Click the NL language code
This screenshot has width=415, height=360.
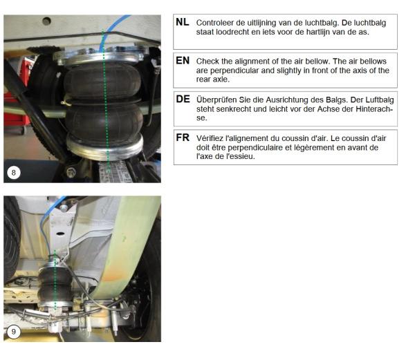click(x=183, y=22)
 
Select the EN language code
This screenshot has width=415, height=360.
click(x=183, y=61)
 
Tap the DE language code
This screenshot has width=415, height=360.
click(x=183, y=99)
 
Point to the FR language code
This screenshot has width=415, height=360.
click(x=183, y=138)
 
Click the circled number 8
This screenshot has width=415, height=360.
click(x=14, y=173)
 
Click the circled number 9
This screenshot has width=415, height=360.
click(x=13, y=332)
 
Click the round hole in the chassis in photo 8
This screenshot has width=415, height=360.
click(x=46, y=21)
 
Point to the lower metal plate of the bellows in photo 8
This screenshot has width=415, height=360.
click(x=105, y=147)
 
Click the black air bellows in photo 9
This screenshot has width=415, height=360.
click(x=55, y=283)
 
